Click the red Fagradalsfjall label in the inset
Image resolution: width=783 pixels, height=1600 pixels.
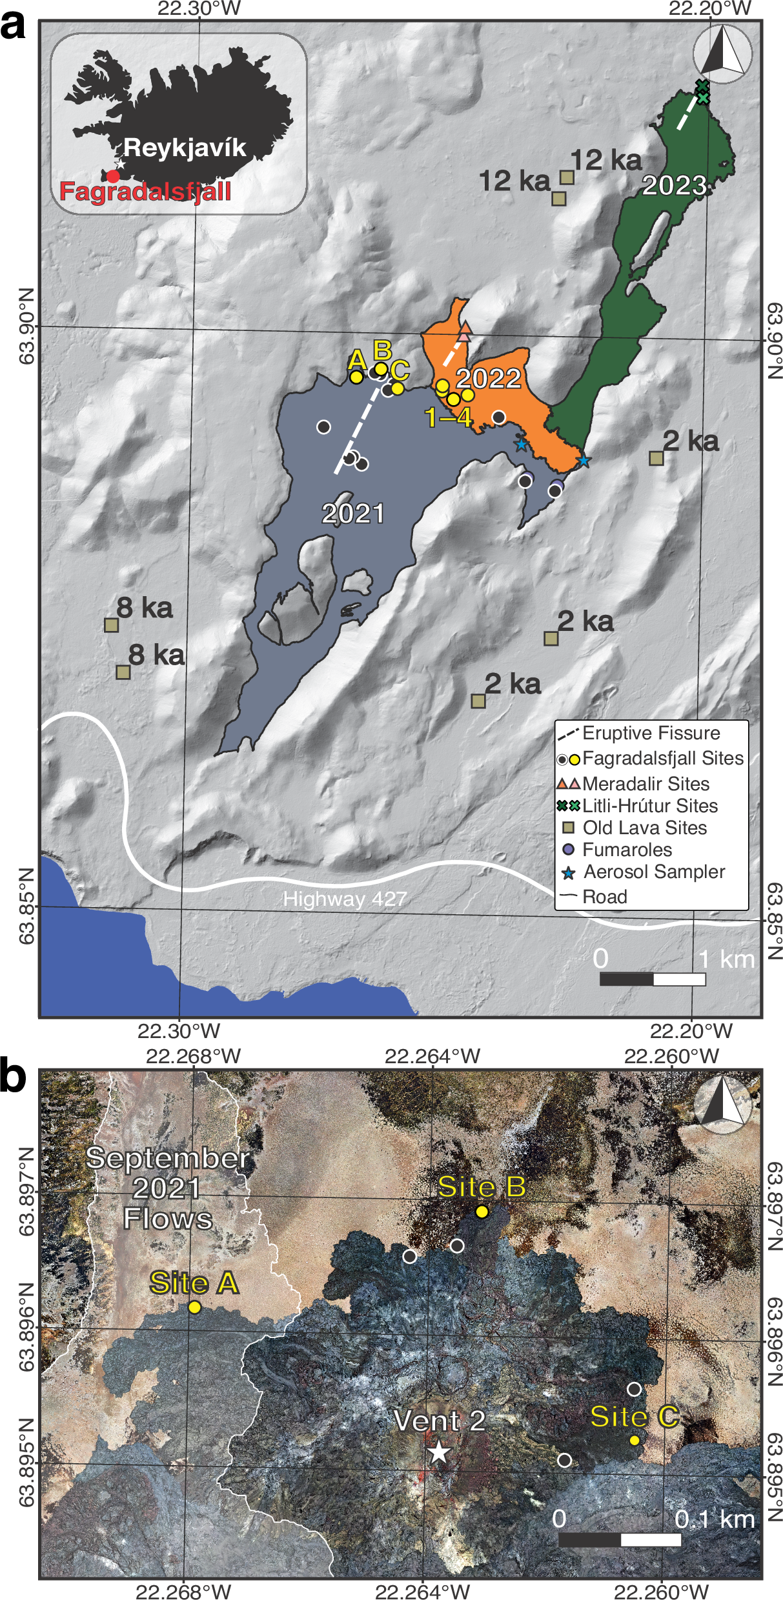click(x=145, y=192)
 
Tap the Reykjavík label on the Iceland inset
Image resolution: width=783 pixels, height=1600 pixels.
click(x=185, y=148)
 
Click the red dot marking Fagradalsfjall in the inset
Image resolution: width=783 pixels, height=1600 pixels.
click(x=113, y=175)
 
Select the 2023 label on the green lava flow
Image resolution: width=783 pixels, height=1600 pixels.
click(x=674, y=186)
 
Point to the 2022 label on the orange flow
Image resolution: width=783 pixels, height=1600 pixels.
click(x=489, y=379)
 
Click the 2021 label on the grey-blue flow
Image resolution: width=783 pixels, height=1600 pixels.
click(x=353, y=514)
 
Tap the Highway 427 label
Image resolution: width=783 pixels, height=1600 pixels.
click(x=345, y=899)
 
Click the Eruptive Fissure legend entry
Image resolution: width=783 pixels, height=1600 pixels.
click(x=651, y=734)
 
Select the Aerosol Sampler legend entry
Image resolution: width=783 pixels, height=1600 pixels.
click(x=654, y=872)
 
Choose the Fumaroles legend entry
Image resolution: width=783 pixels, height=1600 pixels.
click(x=627, y=850)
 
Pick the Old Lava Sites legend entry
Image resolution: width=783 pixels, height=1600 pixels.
click(x=644, y=828)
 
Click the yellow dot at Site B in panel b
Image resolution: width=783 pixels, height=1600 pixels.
click(x=482, y=1211)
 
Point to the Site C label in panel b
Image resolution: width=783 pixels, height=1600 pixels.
click(x=634, y=1417)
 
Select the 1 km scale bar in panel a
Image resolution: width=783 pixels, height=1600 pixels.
click(x=652, y=979)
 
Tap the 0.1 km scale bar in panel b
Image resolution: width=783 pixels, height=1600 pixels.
click(x=620, y=1521)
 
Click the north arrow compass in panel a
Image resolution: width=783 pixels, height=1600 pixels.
click(x=722, y=53)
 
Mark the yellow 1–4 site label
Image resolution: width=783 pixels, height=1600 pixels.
click(x=449, y=418)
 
